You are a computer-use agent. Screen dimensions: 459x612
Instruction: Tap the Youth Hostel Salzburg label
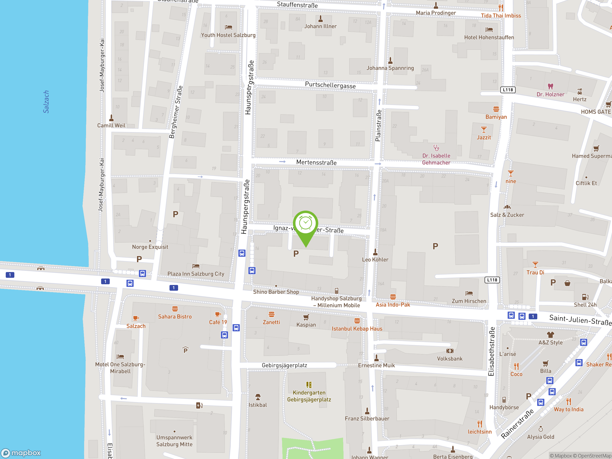(228, 35)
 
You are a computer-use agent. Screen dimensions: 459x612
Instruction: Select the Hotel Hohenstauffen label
(489, 37)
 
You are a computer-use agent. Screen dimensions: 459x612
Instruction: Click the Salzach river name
(46, 102)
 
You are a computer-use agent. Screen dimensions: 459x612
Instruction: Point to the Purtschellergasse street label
(330, 85)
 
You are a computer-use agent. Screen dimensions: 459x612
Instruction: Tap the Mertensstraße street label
(316, 162)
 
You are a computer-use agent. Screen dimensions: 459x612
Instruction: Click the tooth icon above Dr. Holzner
(550, 87)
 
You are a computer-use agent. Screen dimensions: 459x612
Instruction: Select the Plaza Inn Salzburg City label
(196, 274)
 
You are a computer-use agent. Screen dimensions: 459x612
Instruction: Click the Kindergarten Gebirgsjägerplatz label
(309, 396)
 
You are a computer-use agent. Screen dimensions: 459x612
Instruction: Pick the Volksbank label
(450, 359)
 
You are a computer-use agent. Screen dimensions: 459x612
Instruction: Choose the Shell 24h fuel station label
(585, 305)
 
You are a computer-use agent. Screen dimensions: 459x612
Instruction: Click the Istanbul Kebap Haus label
(357, 329)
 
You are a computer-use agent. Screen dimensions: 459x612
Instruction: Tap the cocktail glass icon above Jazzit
(484, 130)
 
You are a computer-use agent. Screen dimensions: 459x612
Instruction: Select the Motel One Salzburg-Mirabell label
(120, 368)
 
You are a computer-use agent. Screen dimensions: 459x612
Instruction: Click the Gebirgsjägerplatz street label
(284, 365)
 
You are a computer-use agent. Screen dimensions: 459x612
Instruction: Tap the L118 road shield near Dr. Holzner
(508, 90)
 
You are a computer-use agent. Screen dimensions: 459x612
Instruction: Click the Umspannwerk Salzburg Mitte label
(174, 441)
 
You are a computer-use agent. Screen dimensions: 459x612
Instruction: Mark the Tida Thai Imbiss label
(501, 16)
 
